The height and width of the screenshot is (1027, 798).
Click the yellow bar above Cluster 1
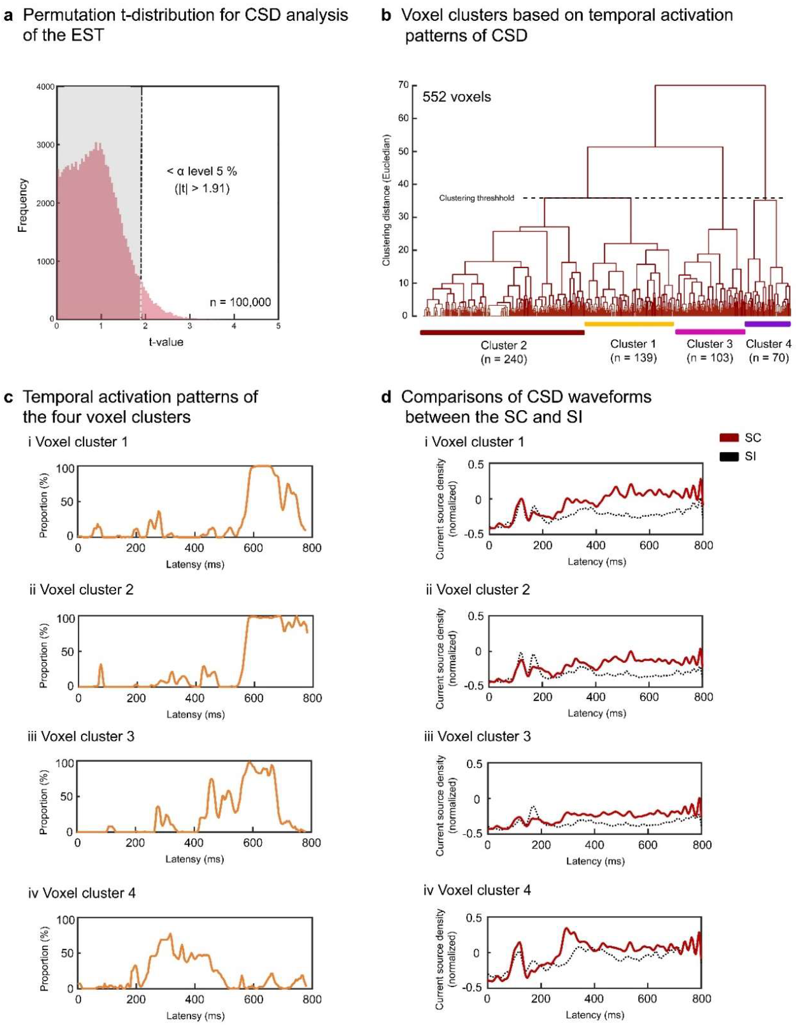tap(629, 323)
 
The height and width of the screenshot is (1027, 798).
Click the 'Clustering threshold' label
tap(477, 198)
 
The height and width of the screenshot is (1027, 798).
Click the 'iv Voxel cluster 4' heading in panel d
tap(478, 890)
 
